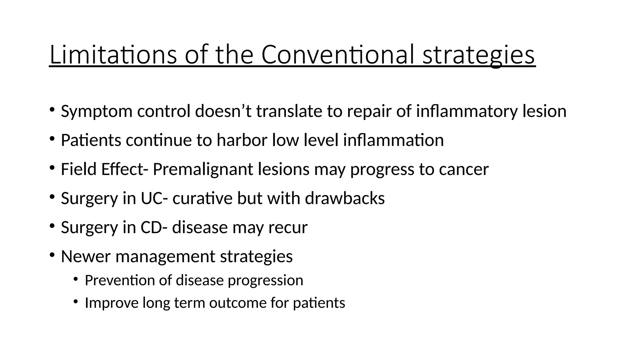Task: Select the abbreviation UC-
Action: point(152,198)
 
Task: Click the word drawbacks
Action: point(345,198)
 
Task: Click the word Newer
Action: point(86,256)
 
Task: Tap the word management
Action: point(165,256)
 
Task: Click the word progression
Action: point(265,280)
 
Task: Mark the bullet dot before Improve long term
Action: point(75,301)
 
